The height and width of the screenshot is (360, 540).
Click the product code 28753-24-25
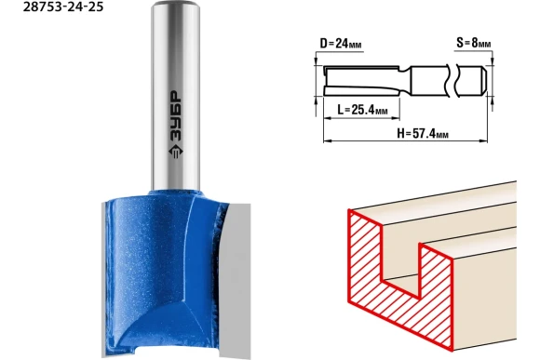[63, 7]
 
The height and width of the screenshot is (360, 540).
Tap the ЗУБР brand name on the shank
[175, 116]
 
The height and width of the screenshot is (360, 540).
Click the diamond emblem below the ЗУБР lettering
[176, 152]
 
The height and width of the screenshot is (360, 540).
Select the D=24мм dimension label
[341, 44]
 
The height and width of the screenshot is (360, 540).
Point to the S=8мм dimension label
[474, 43]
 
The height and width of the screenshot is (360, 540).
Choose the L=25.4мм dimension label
[362, 110]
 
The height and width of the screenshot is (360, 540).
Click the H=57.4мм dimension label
[423, 133]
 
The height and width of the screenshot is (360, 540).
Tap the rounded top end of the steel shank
[176, 5]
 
